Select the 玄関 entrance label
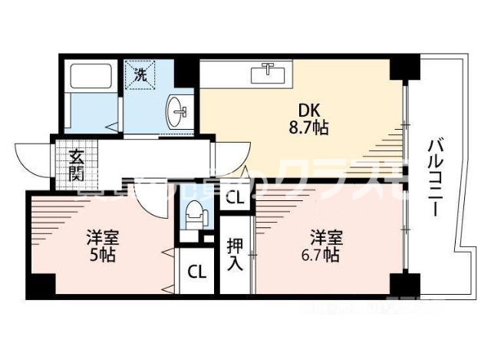76,164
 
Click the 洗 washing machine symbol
141,75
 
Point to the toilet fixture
195,213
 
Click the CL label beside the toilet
236,198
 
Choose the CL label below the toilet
197,271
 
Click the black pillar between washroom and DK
186,71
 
